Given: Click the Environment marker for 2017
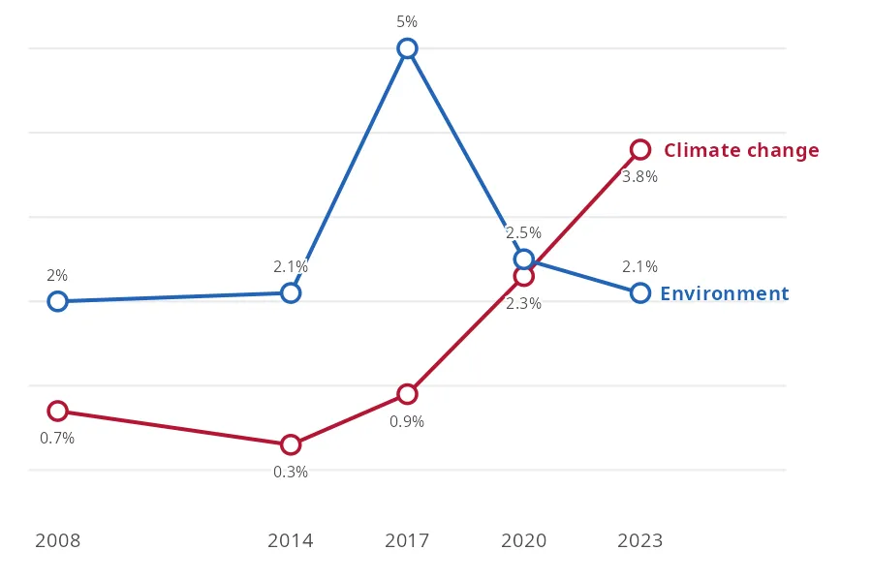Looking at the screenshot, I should tap(407, 48).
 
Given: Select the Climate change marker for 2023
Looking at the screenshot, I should tap(640, 149).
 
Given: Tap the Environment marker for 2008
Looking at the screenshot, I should tap(58, 301).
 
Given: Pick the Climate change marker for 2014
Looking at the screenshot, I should tap(291, 444).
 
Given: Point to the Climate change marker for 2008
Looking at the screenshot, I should tap(58, 411).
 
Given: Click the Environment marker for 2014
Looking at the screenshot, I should tap(291, 292).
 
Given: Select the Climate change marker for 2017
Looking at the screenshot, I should tap(407, 394).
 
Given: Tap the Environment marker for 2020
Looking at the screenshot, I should tap(524, 259).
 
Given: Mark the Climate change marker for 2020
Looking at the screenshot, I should tap(524, 276).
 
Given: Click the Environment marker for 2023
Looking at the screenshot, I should tap(640, 292).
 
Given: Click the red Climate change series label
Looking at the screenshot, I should tap(741, 150).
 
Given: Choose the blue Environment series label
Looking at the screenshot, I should tap(724, 293).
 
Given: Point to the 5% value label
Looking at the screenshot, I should tap(407, 21).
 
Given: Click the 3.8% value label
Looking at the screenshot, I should tap(639, 176).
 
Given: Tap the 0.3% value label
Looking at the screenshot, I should tap(291, 472).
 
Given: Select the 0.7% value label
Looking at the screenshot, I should tap(57, 438).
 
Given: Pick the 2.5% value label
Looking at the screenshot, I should tap(523, 232).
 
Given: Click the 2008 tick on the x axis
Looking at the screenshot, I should tap(58, 540).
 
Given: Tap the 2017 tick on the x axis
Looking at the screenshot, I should tap(407, 540).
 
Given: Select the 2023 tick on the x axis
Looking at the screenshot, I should tap(640, 540).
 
